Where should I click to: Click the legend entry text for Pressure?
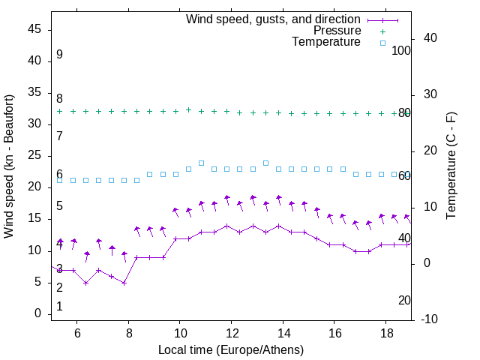pos(337,31)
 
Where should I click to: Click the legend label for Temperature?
pos(326,42)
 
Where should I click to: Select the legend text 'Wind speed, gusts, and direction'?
pos(274,19)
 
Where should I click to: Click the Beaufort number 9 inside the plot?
pos(59,55)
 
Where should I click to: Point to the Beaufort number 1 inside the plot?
pos(59,307)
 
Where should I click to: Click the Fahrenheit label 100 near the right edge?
pos(401,50)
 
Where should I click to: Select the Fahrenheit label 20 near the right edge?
pos(404,300)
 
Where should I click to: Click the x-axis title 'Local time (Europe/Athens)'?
pos(231,350)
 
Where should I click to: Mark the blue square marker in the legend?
pos(382,43)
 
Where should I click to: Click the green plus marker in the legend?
pos(382,31)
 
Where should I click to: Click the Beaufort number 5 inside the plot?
pos(59,206)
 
